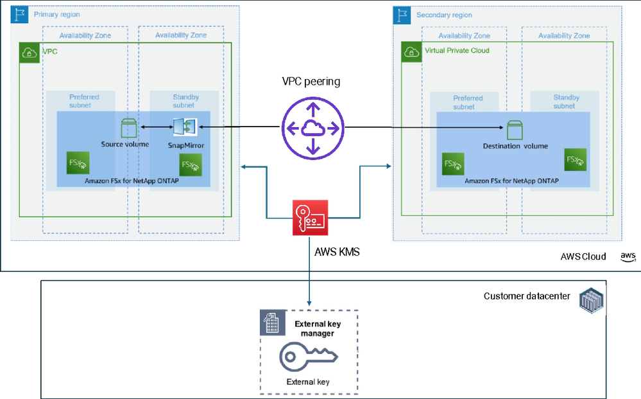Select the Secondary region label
pyautogui.click(x=443, y=15)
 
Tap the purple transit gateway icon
pyautogui.click(x=312, y=128)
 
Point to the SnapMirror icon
pyautogui.click(x=185, y=127)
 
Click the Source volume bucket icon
pyautogui.click(x=129, y=129)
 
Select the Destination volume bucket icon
pyautogui.click(x=515, y=130)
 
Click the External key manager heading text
pyautogui.click(x=314, y=328)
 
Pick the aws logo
pyautogui.click(x=628, y=256)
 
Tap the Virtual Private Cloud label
pyautogui.click(x=457, y=51)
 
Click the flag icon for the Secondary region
pyautogui.click(x=403, y=15)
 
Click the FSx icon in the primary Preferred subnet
pyautogui.click(x=78, y=163)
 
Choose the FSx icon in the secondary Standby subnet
pyautogui.click(x=575, y=159)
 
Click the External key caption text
pyautogui.click(x=309, y=382)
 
